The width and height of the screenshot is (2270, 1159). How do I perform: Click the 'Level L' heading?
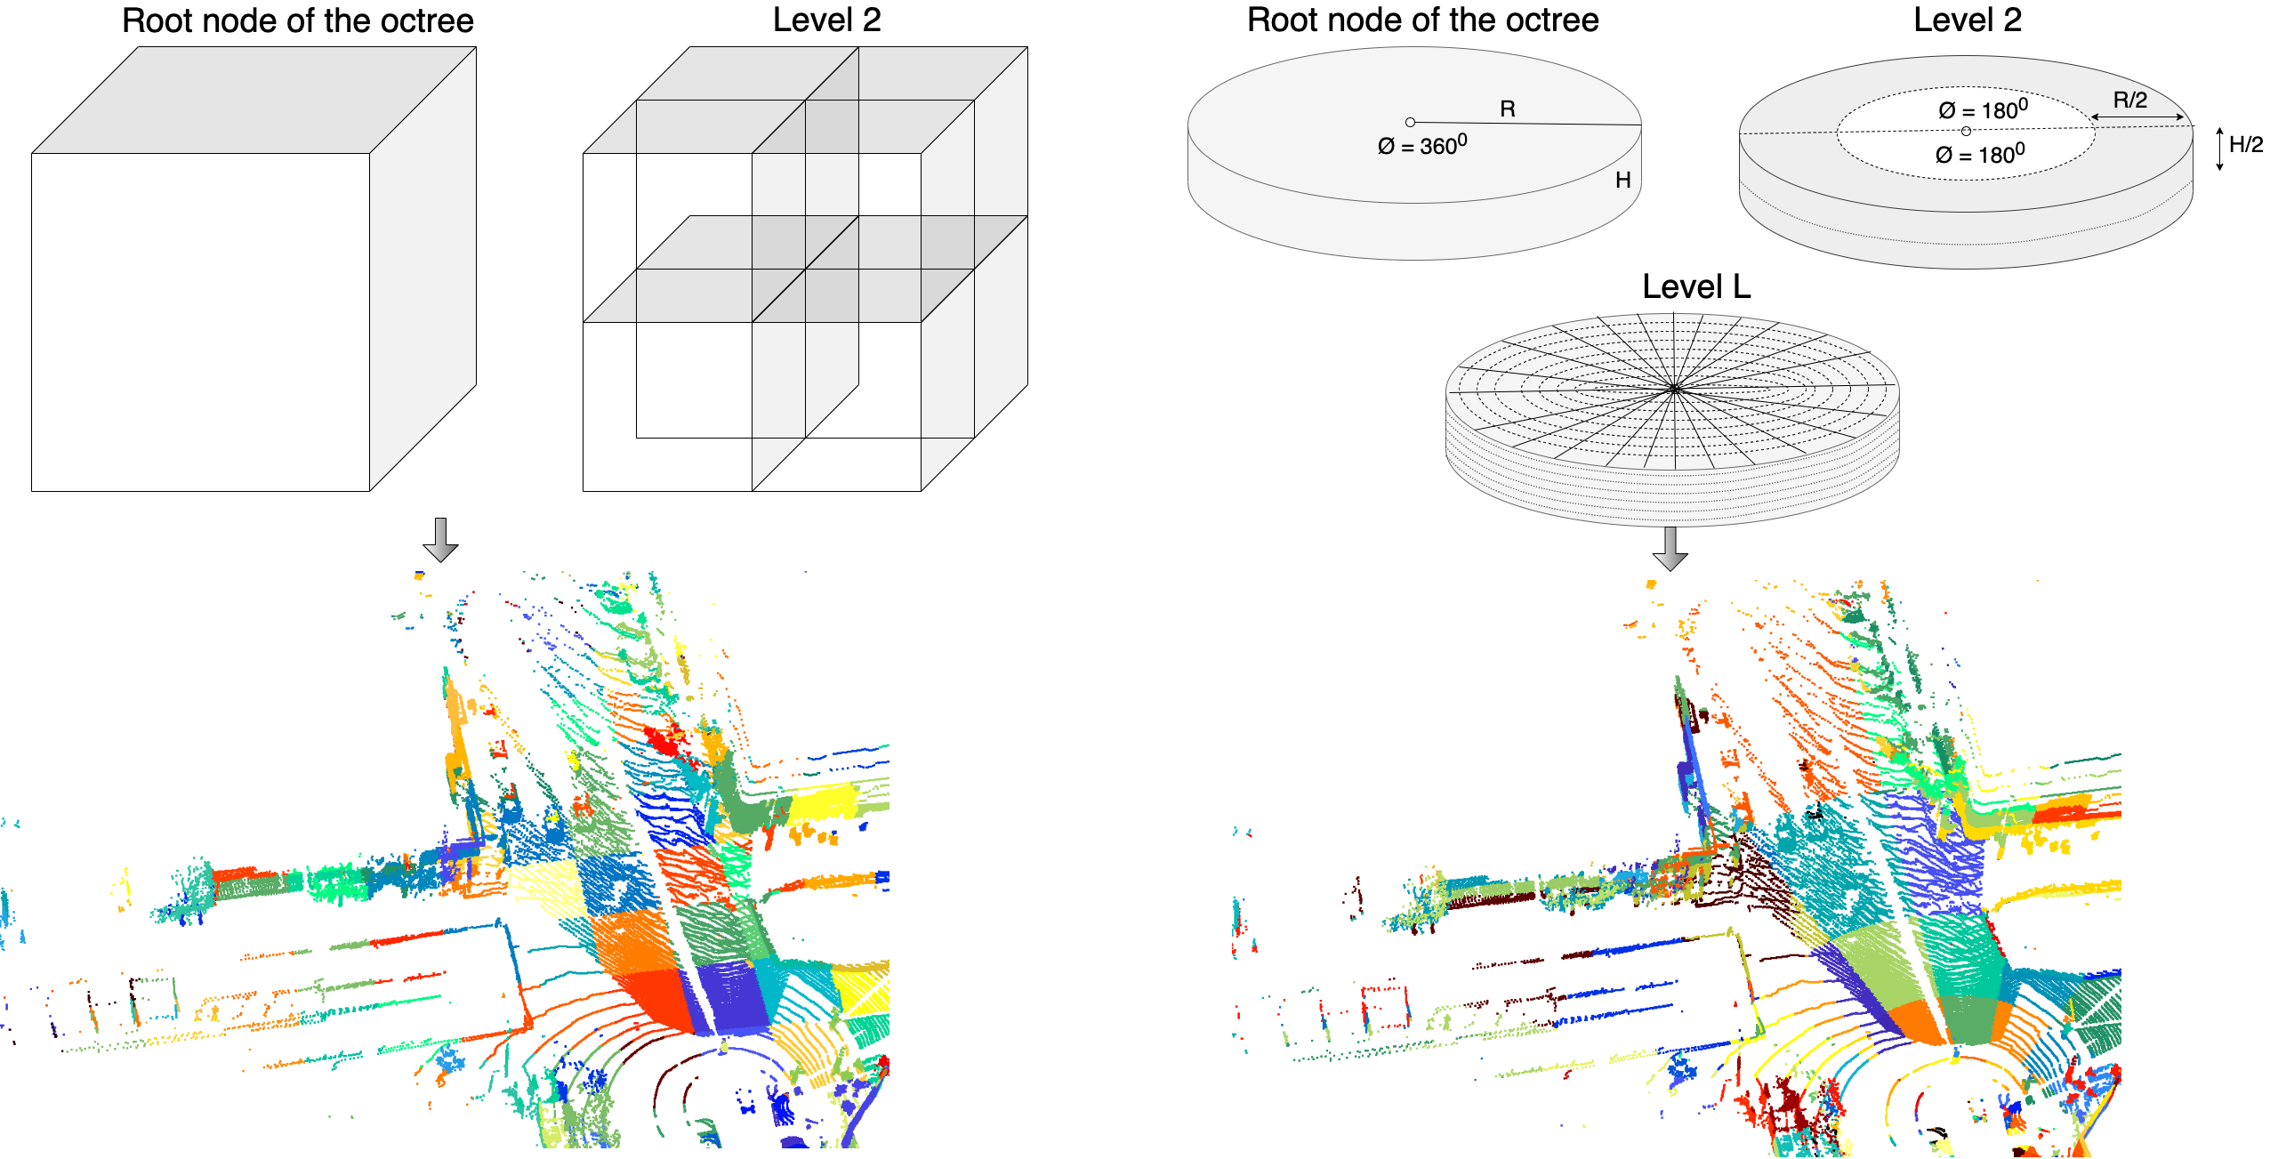tap(1695, 286)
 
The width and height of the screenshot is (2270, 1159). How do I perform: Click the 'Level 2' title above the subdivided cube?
tap(826, 20)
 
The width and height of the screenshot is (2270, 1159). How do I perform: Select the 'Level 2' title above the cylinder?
tap(1968, 20)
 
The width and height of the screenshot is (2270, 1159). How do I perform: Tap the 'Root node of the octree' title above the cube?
tap(298, 20)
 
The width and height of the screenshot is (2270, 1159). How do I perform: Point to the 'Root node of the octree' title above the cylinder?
tap(1422, 20)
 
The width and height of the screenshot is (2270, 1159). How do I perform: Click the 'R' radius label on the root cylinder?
tap(1507, 109)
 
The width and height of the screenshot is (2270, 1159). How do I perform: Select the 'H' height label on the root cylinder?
tap(1622, 180)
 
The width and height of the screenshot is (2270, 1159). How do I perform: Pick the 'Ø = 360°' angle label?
tap(1422, 144)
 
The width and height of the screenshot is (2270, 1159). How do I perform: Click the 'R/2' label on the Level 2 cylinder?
tap(2129, 100)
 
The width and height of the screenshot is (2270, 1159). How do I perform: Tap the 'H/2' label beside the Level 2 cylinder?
tap(2246, 144)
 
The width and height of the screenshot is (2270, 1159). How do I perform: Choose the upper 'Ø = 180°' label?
tap(1983, 109)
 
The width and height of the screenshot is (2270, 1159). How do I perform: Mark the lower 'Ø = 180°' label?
tap(1980, 153)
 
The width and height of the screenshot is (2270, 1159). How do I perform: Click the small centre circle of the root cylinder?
tap(1410, 122)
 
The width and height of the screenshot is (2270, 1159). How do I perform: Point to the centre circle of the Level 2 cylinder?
tap(1966, 131)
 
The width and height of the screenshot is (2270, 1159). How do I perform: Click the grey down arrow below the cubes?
tap(440, 539)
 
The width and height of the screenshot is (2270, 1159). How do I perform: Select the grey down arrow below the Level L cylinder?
tap(1670, 548)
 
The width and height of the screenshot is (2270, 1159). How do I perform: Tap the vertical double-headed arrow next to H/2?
tap(2220, 149)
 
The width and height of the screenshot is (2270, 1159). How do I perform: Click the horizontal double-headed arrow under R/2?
tap(2137, 117)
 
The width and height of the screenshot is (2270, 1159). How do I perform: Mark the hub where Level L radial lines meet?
tap(1675, 389)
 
